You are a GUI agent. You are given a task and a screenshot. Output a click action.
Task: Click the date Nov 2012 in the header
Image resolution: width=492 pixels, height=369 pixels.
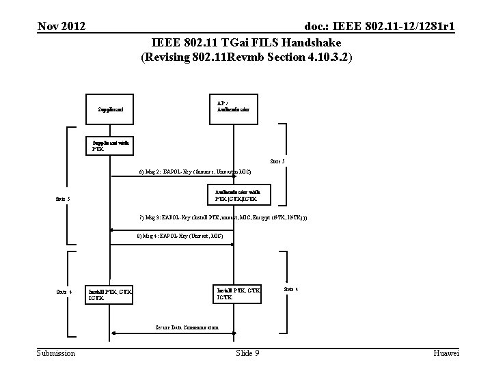click(x=61, y=27)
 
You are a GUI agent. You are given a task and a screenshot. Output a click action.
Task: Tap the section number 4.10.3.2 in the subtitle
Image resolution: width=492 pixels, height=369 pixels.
click(x=321, y=57)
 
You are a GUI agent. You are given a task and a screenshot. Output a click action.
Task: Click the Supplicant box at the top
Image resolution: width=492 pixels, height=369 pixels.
click(x=110, y=109)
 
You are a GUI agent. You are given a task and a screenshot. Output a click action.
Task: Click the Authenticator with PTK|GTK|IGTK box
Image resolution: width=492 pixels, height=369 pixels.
click(x=236, y=195)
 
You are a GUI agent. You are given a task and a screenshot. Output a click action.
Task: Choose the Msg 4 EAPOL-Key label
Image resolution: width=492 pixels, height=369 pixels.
click(x=179, y=236)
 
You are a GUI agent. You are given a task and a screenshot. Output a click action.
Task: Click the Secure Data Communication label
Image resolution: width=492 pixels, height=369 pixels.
click(x=182, y=327)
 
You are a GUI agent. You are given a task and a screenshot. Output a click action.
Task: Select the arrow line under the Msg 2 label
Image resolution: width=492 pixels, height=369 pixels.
click(x=171, y=176)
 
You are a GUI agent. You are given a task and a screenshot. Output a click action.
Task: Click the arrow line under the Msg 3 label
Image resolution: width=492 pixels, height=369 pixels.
click(x=171, y=226)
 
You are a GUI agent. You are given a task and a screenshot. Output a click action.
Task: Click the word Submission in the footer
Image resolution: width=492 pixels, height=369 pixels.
click(x=56, y=353)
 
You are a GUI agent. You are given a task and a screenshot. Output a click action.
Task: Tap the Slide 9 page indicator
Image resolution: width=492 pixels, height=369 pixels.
click(x=247, y=353)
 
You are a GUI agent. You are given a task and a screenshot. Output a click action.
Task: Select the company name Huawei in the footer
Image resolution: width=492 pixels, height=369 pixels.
click(x=446, y=353)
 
